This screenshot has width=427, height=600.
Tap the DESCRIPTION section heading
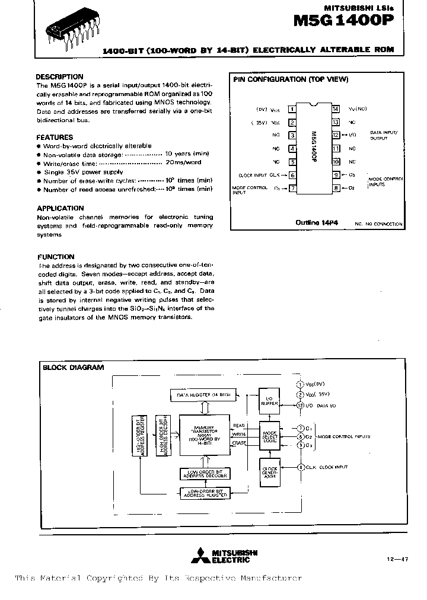(59, 77)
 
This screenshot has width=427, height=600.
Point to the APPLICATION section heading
(60, 209)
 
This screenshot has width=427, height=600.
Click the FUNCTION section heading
(56, 257)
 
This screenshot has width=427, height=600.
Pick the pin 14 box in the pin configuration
(335, 109)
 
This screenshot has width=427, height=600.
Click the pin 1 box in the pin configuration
(292, 109)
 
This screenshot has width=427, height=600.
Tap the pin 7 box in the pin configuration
(292, 189)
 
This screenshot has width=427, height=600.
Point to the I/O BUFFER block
(269, 400)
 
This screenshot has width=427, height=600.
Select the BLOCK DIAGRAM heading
(74, 368)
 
